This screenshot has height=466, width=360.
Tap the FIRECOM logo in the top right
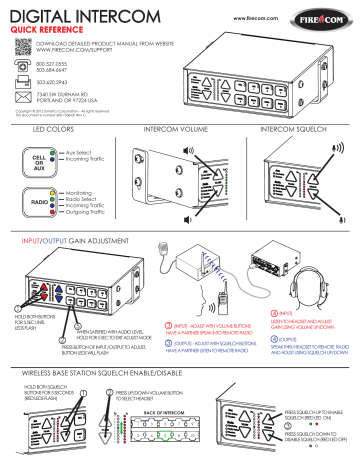coord(325,16)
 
